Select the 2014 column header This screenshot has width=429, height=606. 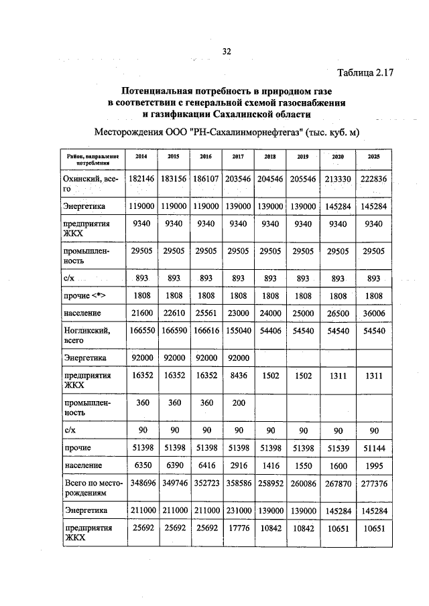tap(141, 156)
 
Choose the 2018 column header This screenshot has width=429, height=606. tap(270, 156)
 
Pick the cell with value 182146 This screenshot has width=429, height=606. tap(141, 179)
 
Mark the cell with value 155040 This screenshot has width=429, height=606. tap(231, 330)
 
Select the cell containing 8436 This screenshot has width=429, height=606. tap(231, 376)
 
